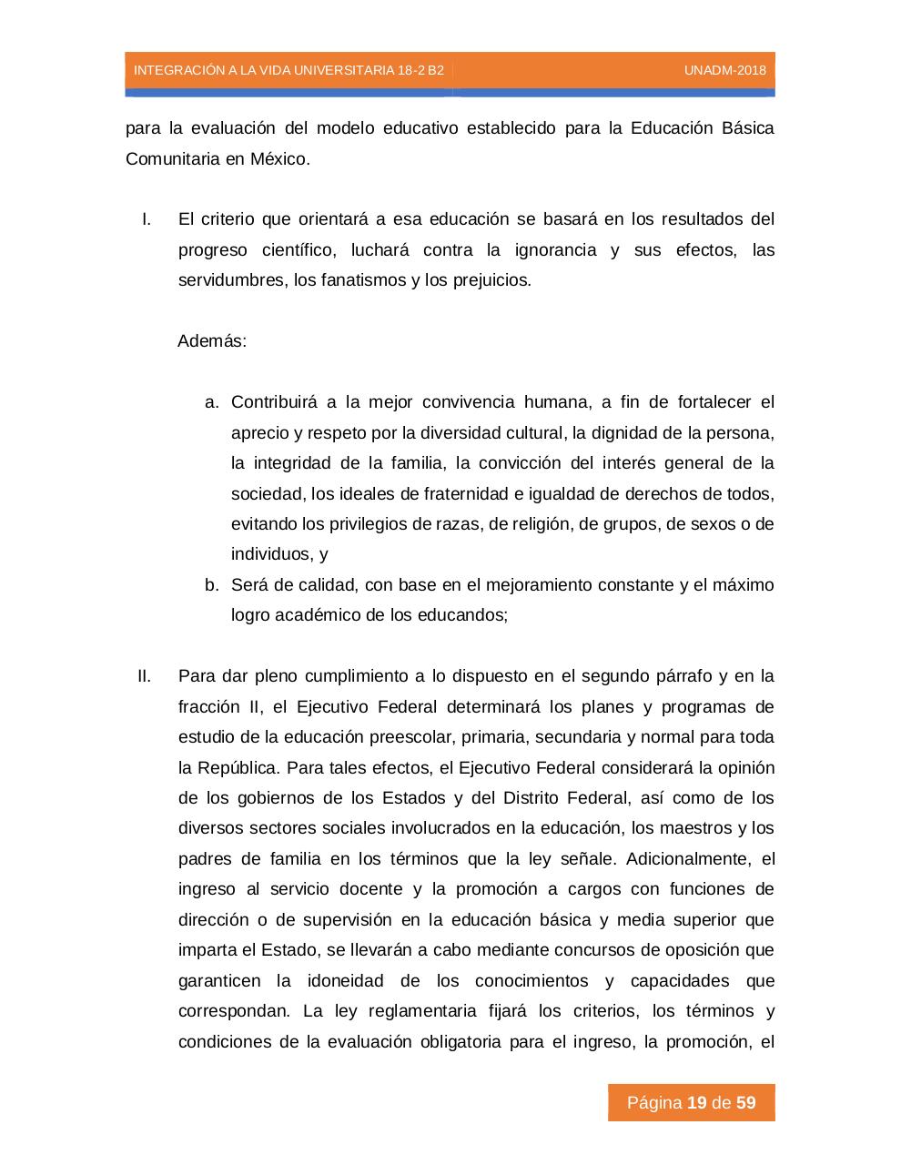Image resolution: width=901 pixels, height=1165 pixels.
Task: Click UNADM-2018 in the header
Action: (x=724, y=70)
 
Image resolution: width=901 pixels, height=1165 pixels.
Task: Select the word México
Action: (x=280, y=158)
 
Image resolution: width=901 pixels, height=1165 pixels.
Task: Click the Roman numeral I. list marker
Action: (x=146, y=219)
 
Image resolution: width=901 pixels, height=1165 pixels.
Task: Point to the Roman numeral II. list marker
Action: (x=143, y=676)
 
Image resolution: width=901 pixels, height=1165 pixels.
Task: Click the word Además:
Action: (x=212, y=341)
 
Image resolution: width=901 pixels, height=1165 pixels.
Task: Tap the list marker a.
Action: (x=212, y=402)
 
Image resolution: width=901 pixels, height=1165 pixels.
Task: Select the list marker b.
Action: (x=212, y=584)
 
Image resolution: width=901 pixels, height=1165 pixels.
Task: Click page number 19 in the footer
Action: (x=697, y=1103)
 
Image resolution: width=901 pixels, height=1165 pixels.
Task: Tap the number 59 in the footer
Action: (x=746, y=1103)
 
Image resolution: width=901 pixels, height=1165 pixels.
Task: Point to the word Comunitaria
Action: (x=172, y=158)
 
